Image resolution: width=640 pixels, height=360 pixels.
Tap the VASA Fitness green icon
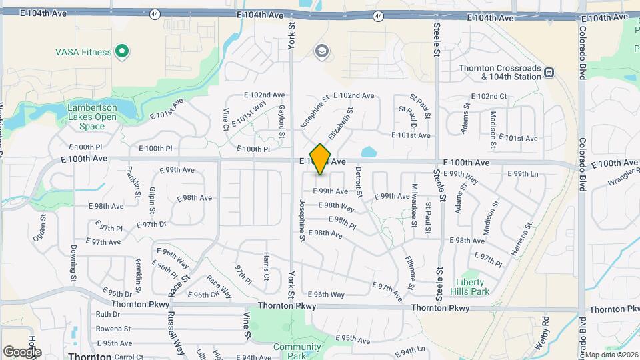click(121, 51)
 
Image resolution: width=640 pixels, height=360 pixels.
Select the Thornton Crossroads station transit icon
click(549, 72)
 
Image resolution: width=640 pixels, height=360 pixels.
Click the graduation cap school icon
click(322, 51)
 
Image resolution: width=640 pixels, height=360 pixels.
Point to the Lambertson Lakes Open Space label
click(91, 117)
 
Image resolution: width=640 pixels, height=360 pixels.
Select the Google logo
click(21, 352)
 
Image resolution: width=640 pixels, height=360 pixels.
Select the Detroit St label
click(358, 182)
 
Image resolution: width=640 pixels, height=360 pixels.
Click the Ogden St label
click(41, 226)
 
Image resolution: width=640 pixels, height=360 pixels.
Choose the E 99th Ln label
click(523, 174)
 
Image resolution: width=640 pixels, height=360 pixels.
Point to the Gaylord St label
click(282, 121)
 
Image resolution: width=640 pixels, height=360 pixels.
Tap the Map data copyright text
click(611, 355)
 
